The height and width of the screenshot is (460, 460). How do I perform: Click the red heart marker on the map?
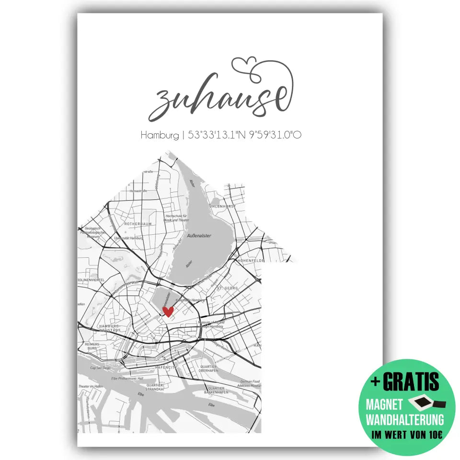168,311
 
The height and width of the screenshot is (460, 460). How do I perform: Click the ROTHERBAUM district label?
138,223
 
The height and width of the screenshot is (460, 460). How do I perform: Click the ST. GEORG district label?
228,288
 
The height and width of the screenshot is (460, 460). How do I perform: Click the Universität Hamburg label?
129,237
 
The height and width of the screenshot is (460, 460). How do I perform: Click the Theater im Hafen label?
91,386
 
